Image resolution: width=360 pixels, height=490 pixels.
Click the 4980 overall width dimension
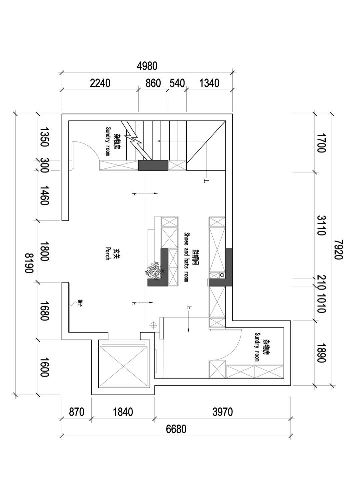click(x=147, y=66)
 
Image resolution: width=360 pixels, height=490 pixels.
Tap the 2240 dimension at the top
click(x=100, y=83)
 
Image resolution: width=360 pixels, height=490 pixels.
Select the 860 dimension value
click(x=153, y=83)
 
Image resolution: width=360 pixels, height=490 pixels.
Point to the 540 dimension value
click(x=177, y=83)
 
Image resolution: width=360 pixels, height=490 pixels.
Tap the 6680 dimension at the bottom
click(x=176, y=429)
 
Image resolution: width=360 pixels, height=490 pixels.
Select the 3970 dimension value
click(x=222, y=412)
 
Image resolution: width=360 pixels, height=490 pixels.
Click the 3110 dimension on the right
click(x=321, y=225)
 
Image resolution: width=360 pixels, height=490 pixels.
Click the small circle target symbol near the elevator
click(x=153, y=325)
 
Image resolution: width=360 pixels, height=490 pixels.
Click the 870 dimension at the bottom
click(x=76, y=412)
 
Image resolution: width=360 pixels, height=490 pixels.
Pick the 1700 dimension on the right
click(x=321, y=143)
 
